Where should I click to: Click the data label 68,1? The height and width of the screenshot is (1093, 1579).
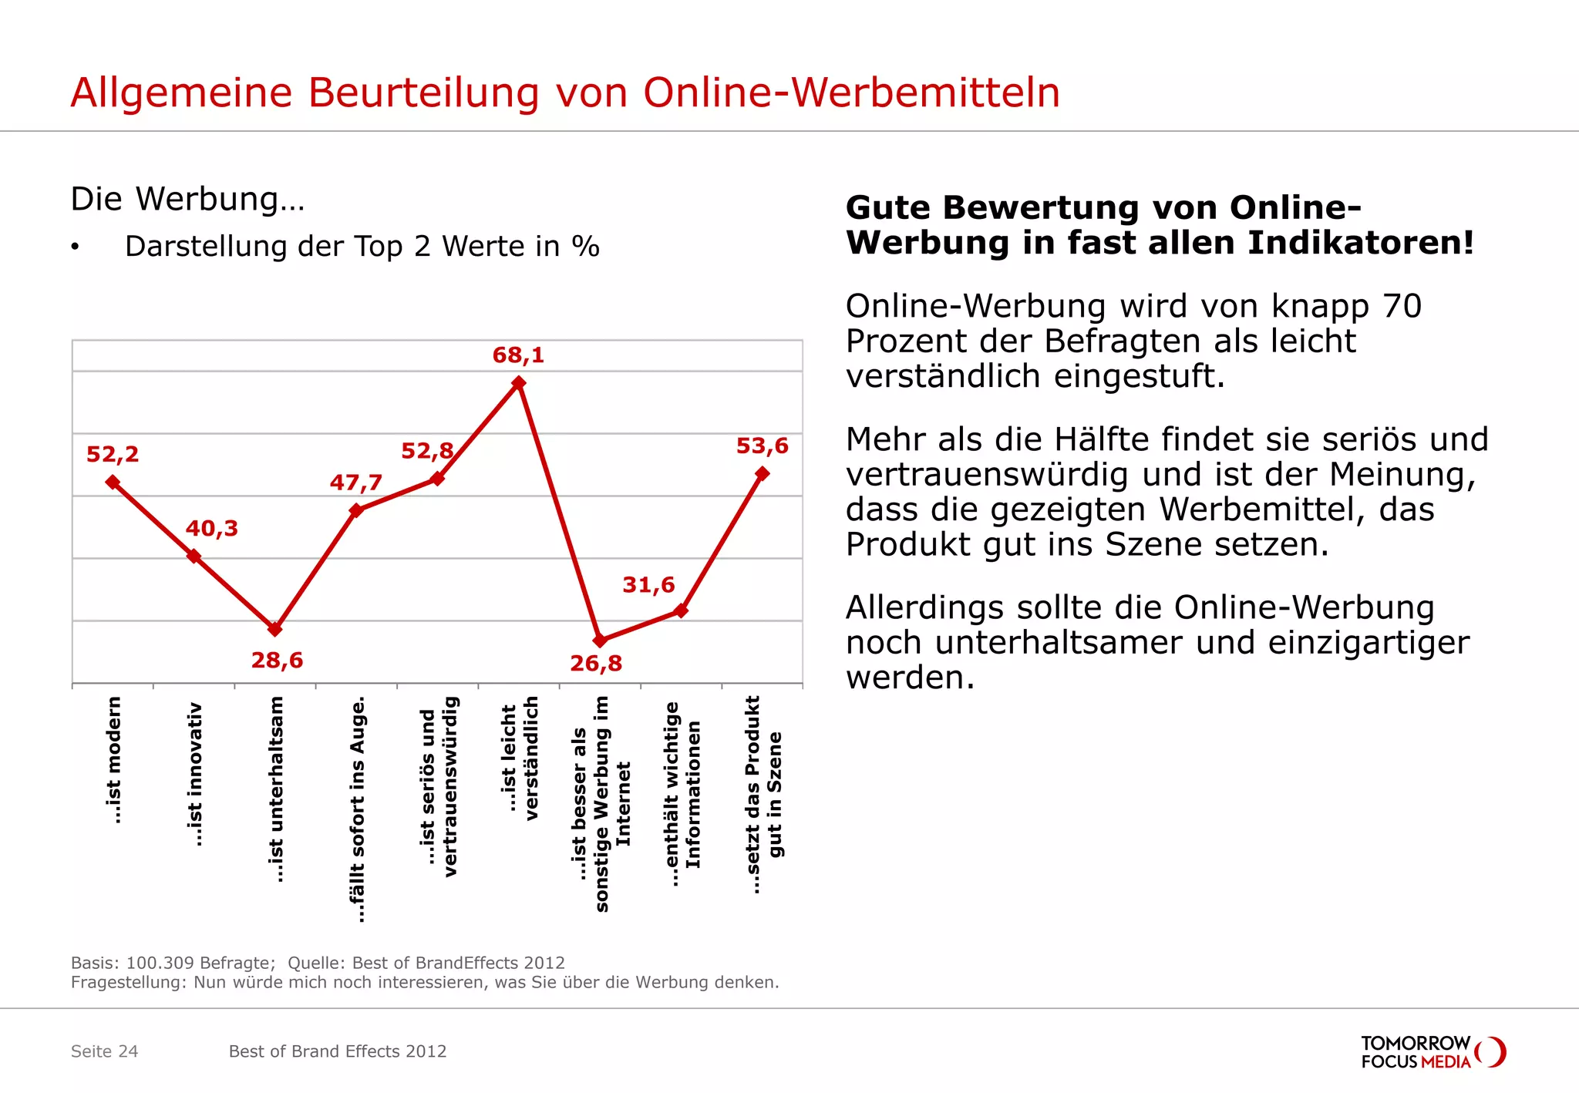point(518,355)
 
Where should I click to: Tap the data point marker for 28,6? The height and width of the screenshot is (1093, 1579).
point(275,629)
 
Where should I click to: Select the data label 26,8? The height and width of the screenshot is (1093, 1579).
point(596,664)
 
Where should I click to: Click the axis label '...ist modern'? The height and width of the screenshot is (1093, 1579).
point(113,760)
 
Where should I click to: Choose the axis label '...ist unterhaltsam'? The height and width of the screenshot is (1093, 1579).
point(275,789)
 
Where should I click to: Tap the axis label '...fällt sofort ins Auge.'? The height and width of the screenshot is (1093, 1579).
point(357,809)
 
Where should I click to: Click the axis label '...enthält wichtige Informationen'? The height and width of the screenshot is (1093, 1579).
point(682,794)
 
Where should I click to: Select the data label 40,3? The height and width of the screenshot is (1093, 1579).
point(212,529)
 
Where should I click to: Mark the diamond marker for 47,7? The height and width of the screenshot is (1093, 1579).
point(356,510)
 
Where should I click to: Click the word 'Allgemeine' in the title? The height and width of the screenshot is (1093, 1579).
point(182,92)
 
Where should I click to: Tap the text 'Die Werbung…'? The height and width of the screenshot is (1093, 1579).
point(187,199)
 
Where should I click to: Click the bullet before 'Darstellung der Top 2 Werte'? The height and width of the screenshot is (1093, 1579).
point(75,247)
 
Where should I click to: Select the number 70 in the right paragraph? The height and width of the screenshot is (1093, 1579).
point(1402,306)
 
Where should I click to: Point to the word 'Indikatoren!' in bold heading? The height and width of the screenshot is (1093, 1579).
point(1361,244)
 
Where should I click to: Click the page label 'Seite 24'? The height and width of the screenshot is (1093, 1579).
point(104,1051)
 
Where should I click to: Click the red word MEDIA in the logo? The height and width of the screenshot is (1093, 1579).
point(1446,1062)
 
